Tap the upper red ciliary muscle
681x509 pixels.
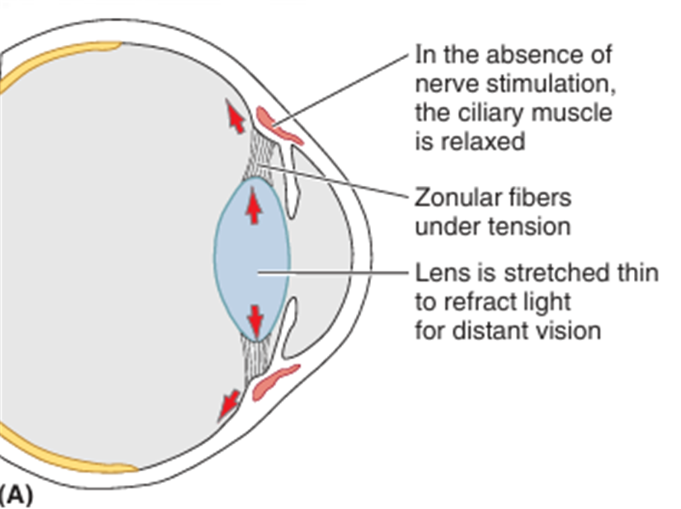[277, 124]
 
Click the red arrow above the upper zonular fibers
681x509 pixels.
[235, 117]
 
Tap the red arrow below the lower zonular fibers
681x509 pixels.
[228, 405]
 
